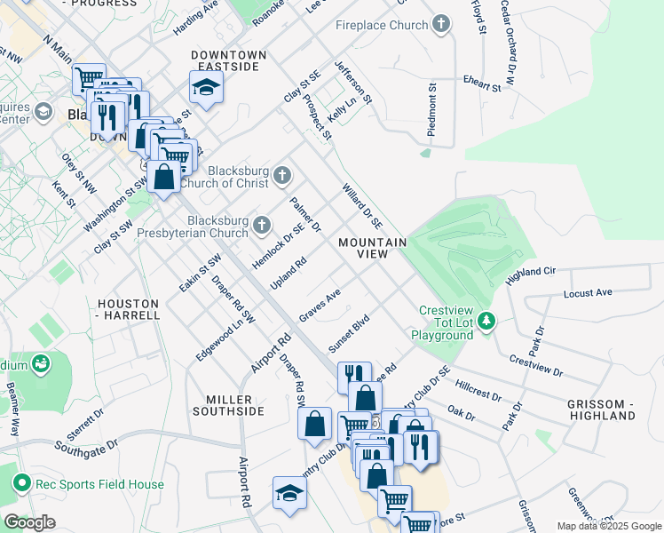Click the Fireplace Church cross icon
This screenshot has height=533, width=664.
coord(441,26)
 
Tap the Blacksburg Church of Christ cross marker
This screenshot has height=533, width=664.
coord(281,175)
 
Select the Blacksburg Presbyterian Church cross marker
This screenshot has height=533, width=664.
coord(261,225)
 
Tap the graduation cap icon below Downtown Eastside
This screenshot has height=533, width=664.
coord(206,88)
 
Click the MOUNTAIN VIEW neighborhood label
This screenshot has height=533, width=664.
coord(372,248)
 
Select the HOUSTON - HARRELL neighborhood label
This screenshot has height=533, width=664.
coord(128,309)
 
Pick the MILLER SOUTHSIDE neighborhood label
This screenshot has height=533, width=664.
coord(223,405)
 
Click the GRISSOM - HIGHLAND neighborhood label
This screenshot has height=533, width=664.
coord(601,410)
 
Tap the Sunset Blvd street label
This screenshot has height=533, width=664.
coord(349,334)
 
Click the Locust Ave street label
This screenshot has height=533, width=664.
coord(588,292)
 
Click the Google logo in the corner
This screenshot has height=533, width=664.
coord(29,522)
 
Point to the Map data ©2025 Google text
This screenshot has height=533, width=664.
coord(608,526)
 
